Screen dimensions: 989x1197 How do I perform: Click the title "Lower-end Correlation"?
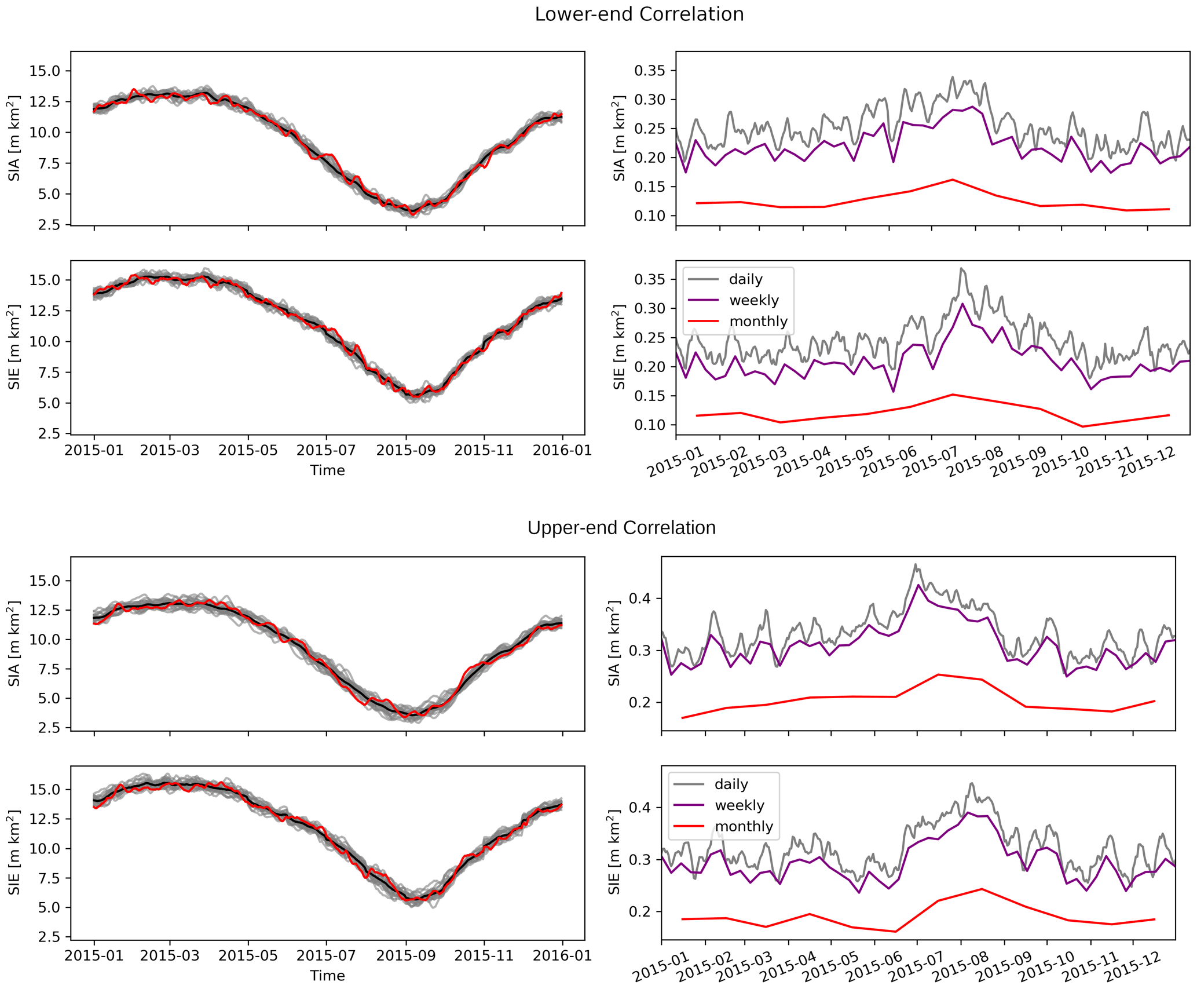coord(639,14)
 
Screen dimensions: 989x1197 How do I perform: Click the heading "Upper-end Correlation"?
coord(621,528)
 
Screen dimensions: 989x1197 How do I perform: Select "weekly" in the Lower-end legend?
coord(753,300)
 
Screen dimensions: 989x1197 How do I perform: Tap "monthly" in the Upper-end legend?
coord(744,826)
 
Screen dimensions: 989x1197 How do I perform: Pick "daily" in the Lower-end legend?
coord(745,279)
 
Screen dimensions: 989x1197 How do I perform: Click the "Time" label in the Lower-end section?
coord(327,470)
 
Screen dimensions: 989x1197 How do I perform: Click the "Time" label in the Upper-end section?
coord(327,976)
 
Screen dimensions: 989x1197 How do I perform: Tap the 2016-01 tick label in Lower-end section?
coord(562,450)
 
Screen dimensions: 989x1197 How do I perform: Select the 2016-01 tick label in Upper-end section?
coord(562,955)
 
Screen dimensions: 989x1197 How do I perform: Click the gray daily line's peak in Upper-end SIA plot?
coord(916,564)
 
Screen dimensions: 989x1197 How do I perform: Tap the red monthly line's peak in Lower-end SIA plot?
coord(953,180)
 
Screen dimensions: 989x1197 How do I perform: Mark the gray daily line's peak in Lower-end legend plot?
coord(961,268)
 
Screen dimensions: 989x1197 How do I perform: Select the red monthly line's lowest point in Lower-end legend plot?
coord(1082,426)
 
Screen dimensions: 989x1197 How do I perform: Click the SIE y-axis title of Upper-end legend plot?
coord(614,853)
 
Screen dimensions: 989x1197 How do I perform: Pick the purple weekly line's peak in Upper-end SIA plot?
coord(918,585)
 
